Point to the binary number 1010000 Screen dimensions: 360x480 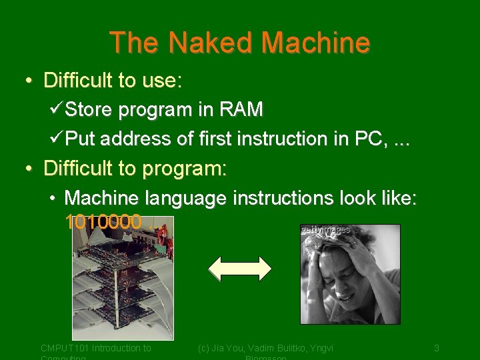coord(103,222)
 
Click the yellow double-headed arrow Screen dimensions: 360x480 coord(240,268)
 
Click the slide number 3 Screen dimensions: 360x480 coord(436,348)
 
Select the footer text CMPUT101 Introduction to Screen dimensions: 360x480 coord(96,348)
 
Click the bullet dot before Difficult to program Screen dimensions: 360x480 coord(29,169)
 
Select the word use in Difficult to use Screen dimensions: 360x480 coord(159,81)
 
